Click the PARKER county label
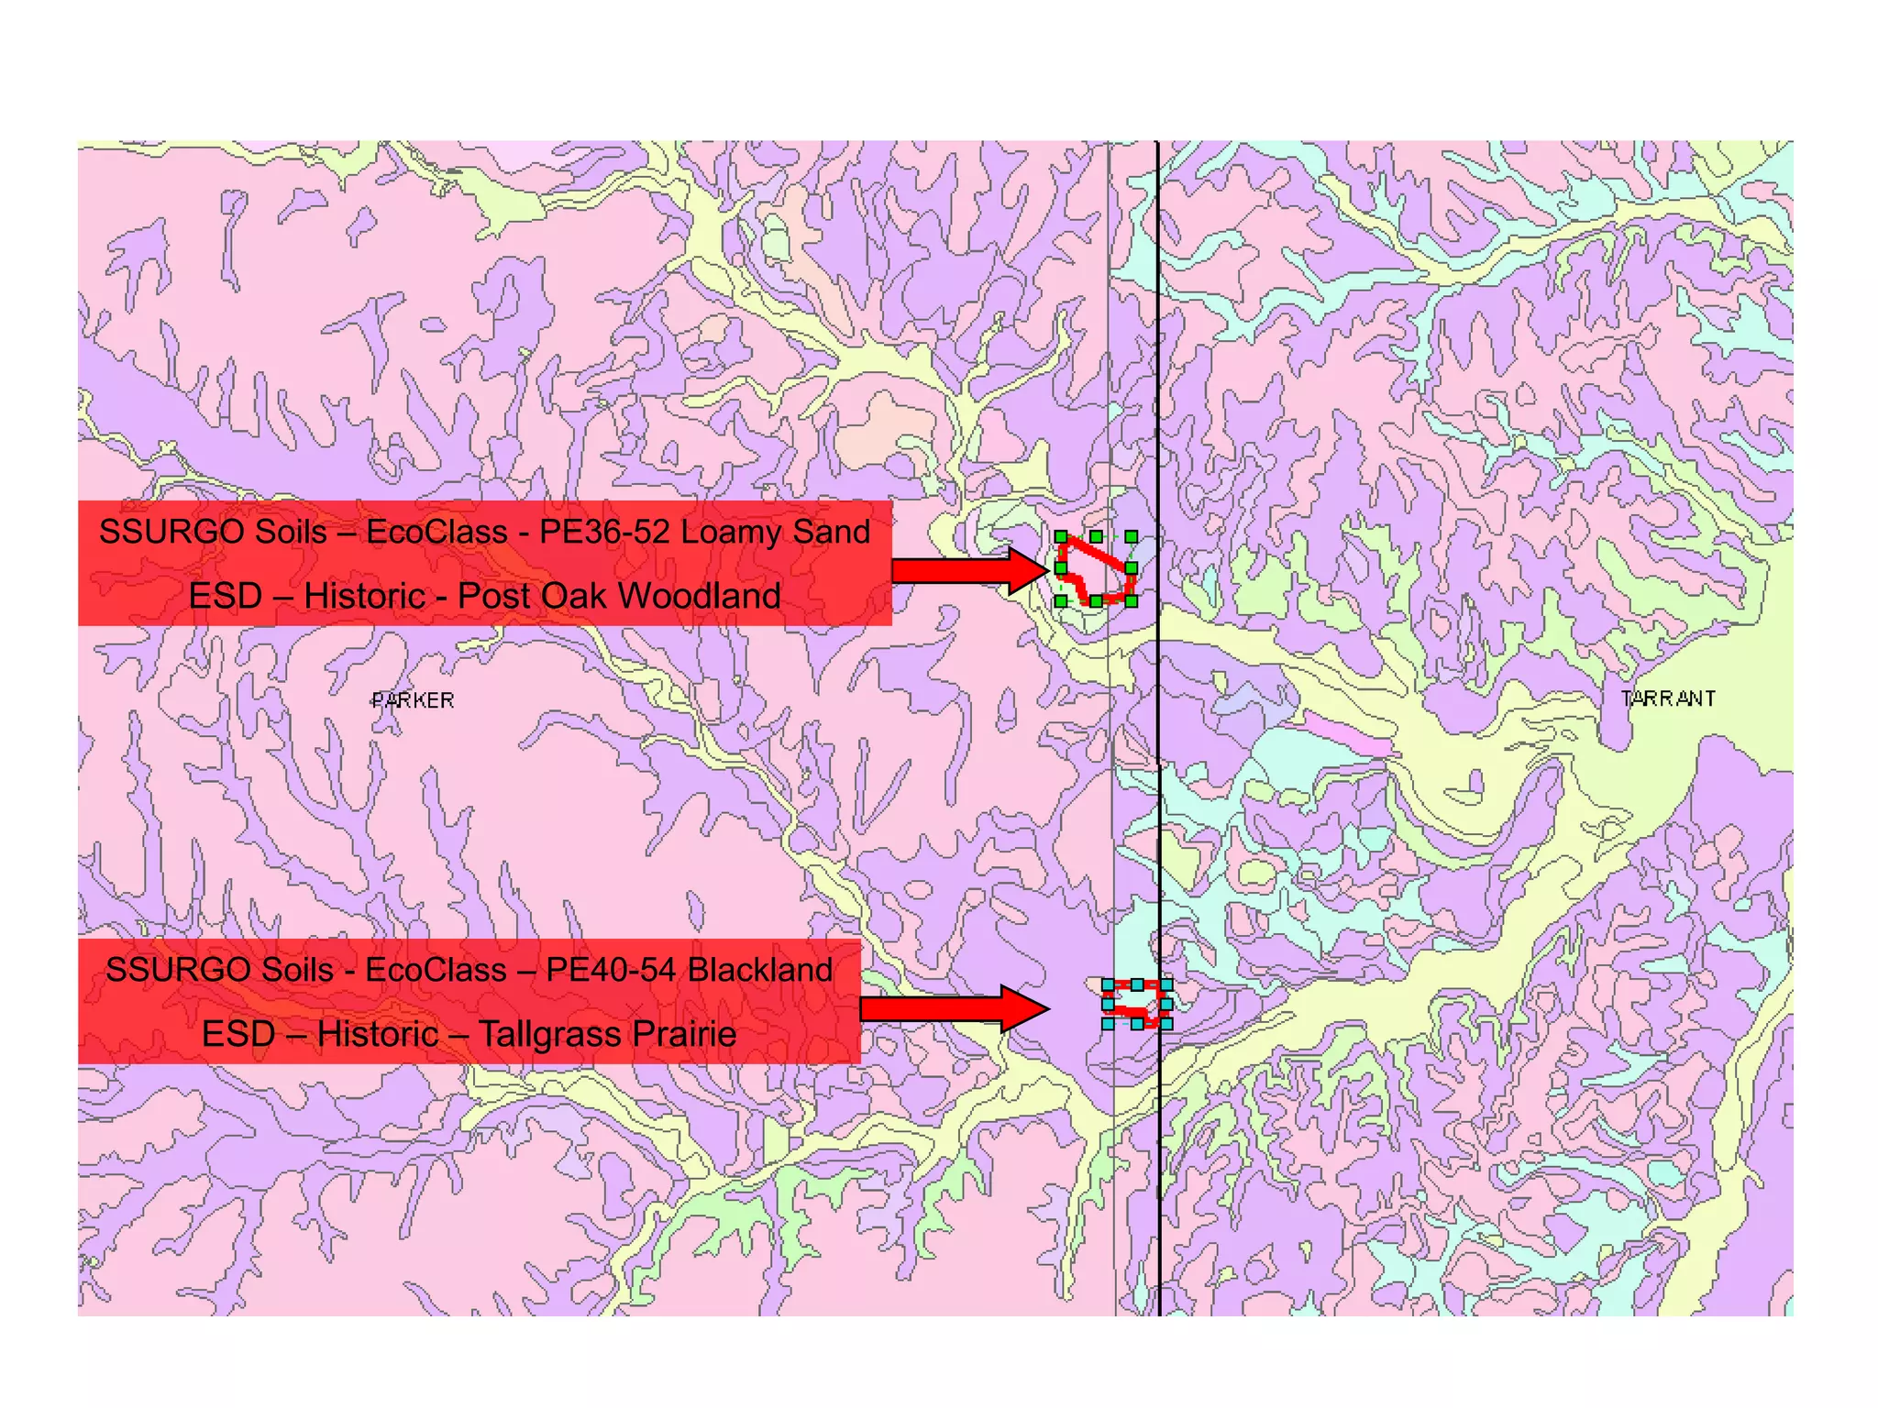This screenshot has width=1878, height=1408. (x=413, y=700)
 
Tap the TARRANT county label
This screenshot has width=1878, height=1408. (x=1668, y=698)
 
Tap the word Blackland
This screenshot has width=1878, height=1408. (x=760, y=970)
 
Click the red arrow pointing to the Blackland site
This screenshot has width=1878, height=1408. (x=954, y=1009)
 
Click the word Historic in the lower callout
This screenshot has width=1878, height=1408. (x=378, y=1035)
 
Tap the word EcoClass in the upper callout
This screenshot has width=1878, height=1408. (x=436, y=532)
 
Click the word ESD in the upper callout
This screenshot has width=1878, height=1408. (x=226, y=596)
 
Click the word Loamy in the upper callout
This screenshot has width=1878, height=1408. (x=730, y=532)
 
